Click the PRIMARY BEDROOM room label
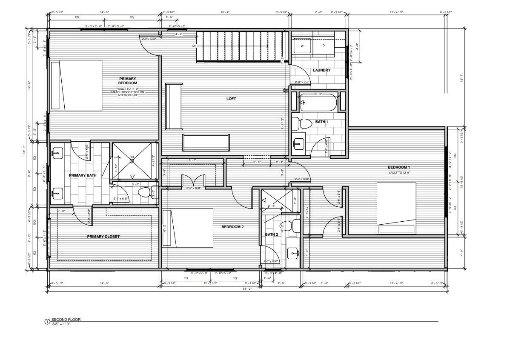pyautogui.click(x=127, y=81)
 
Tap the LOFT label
pyautogui.click(x=231, y=99)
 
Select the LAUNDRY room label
pyautogui.click(x=321, y=71)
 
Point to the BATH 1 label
pyautogui.click(x=321, y=122)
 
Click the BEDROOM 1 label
pyautogui.click(x=398, y=167)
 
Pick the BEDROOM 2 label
pyautogui.click(x=232, y=227)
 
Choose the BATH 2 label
pyautogui.click(x=271, y=234)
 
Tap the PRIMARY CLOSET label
pyautogui.click(x=103, y=237)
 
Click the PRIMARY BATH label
pyautogui.click(x=83, y=175)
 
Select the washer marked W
pyautogui.click(x=302, y=45)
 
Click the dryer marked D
pyautogui.click(x=324, y=45)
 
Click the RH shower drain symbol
pyautogui.click(x=132, y=161)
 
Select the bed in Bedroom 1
pyautogui.click(x=396, y=208)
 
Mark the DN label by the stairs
pyautogui.click(x=195, y=45)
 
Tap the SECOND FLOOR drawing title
pyautogui.click(x=66, y=319)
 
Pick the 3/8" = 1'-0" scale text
pyautogui.click(x=60, y=324)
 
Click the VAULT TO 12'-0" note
pyautogui.click(x=398, y=173)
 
